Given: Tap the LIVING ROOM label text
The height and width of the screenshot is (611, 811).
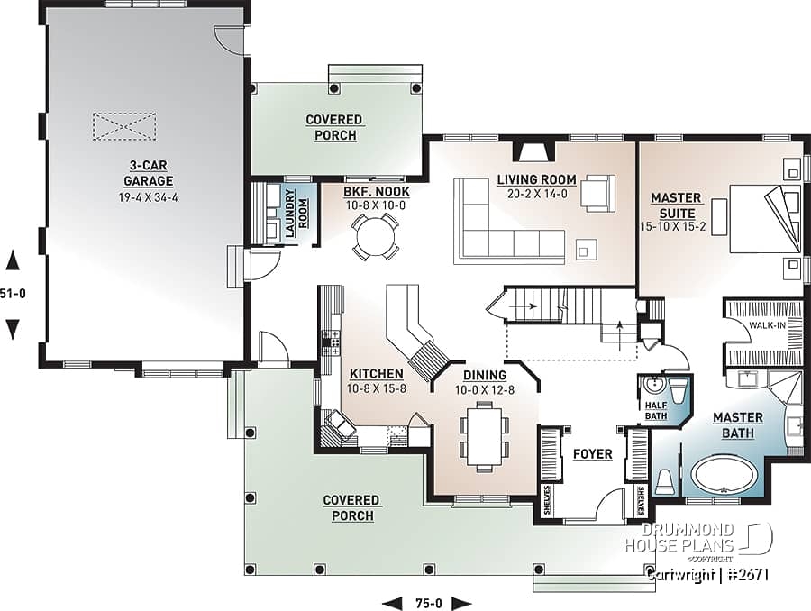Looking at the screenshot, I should pyautogui.click(x=536, y=180).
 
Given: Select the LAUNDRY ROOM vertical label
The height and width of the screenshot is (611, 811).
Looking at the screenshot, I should pyautogui.click(x=291, y=214).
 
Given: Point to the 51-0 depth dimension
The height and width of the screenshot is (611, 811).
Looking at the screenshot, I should pyautogui.click(x=13, y=294).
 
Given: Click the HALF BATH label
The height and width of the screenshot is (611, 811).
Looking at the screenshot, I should pyautogui.click(x=656, y=410).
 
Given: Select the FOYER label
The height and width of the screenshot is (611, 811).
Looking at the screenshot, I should pyautogui.click(x=592, y=454).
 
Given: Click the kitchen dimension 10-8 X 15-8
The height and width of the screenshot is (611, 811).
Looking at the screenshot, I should pyautogui.click(x=370, y=388).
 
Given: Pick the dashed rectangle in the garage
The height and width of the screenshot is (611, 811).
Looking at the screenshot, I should pyautogui.click(x=124, y=126).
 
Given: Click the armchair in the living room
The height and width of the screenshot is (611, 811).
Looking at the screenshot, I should pyautogui.click(x=597, y=192).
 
